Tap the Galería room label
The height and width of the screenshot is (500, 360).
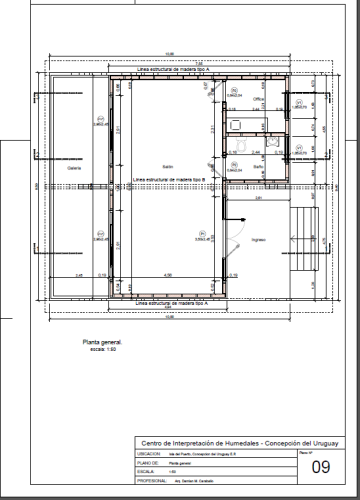73,168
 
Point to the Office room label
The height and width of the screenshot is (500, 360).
256,101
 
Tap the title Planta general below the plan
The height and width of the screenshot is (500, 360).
102,342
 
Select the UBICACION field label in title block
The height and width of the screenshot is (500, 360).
148,453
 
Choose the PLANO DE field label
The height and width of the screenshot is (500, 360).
148,463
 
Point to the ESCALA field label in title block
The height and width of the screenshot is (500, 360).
146,472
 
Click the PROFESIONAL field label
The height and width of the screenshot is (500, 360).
151,482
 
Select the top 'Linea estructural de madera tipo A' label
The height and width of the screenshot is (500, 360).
166,68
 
